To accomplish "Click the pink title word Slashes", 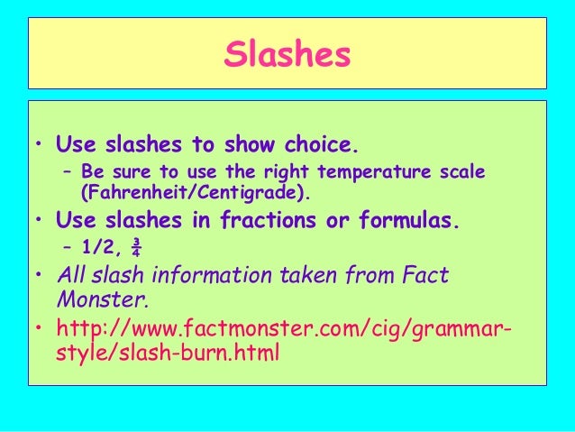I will pos(287,55).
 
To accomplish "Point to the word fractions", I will pos(255,220).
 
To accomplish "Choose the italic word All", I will pos(72,275).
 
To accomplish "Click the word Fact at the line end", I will pos(425,275).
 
